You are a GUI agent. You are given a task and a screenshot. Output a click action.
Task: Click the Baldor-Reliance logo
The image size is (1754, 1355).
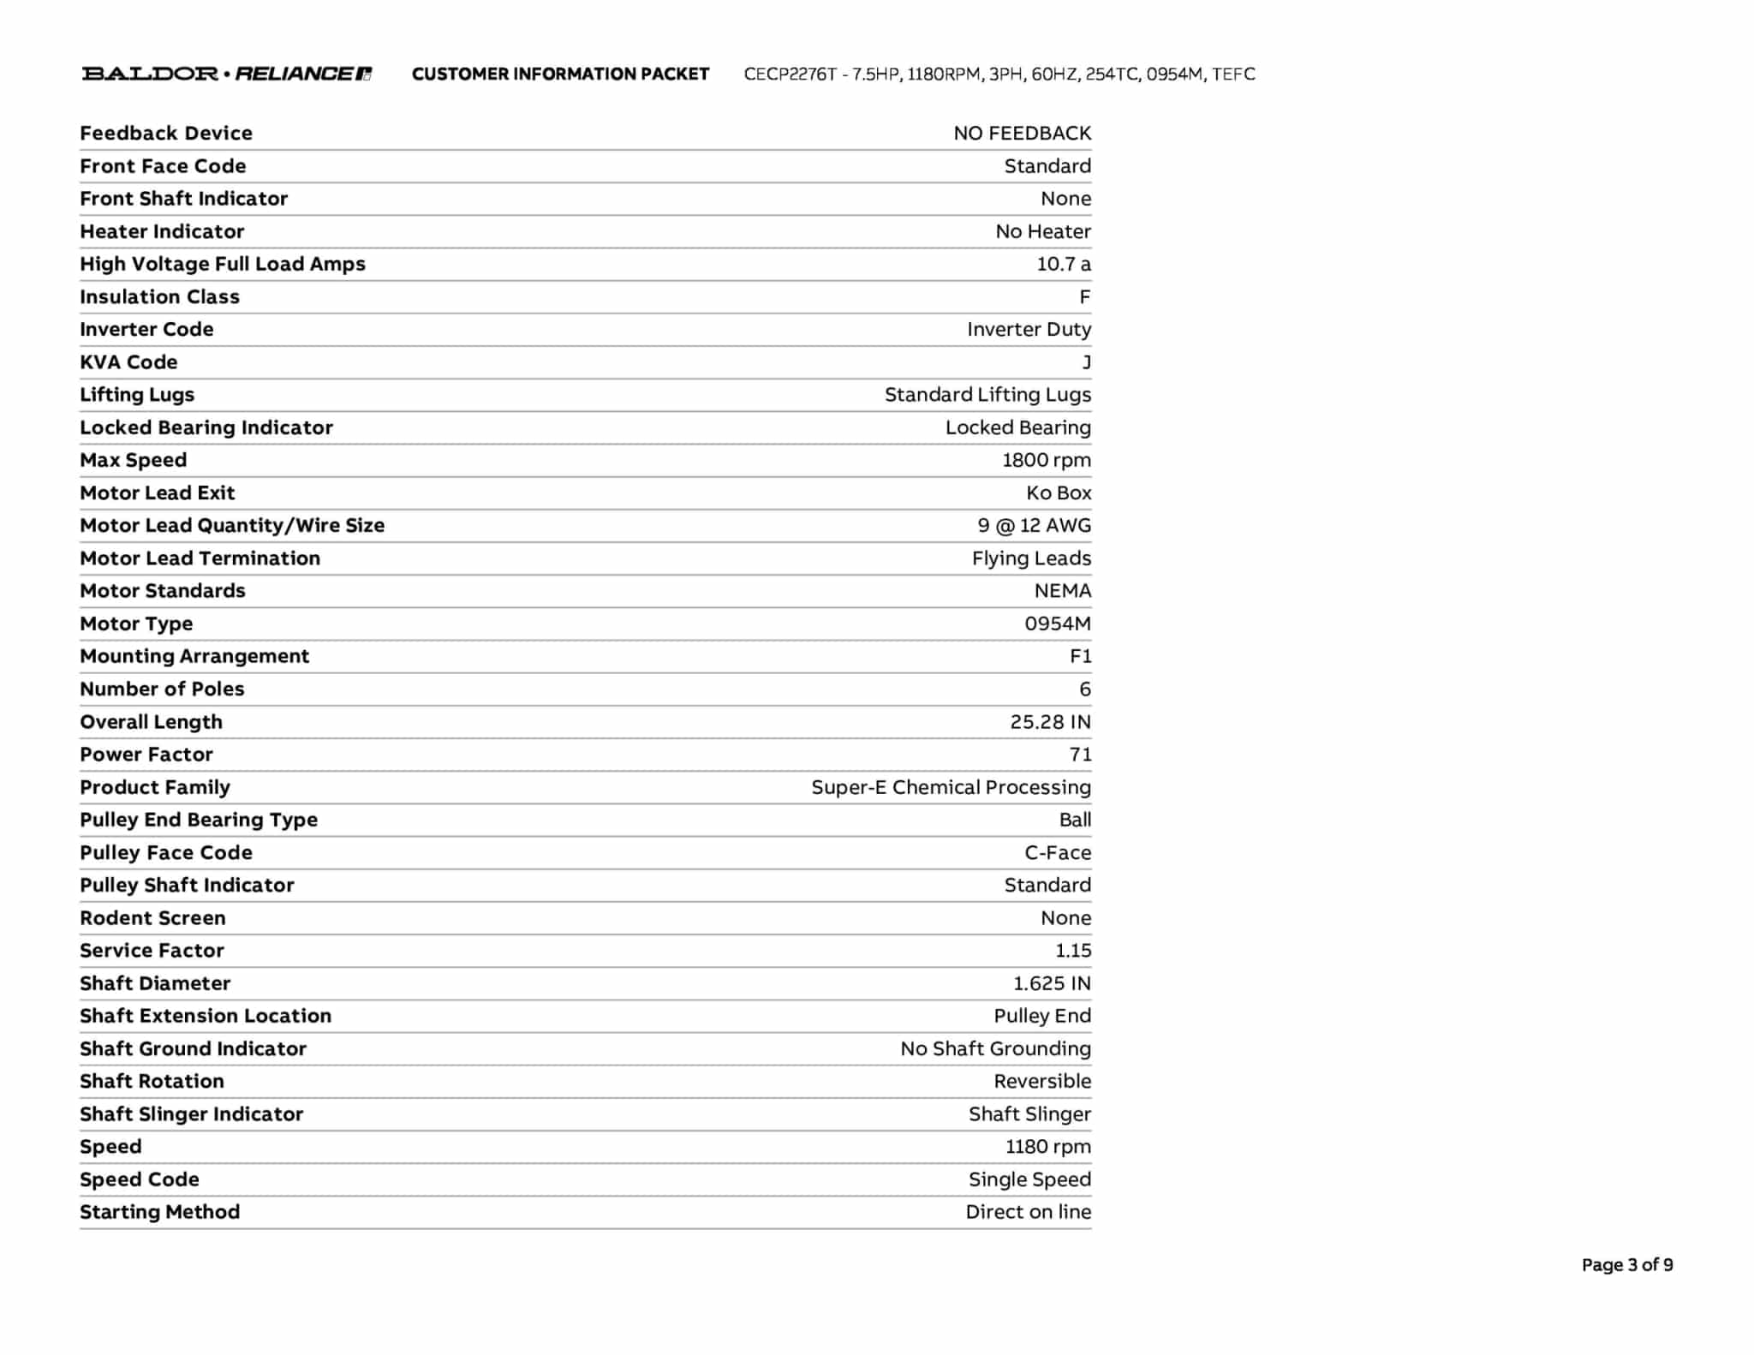[226, 74]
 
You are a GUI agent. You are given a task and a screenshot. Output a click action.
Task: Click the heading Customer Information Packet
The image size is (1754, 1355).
[560, 75]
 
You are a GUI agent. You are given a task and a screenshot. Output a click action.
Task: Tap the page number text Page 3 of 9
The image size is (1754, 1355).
[1626, 1265]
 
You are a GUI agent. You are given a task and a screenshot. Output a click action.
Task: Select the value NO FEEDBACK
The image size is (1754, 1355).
[1022, 134]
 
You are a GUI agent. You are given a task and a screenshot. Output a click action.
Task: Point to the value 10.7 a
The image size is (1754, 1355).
[1063, 264]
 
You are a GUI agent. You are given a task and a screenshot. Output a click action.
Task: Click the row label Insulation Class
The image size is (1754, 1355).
[159, 297]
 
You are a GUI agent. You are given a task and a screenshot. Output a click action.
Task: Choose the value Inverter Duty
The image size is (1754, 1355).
[1029, 330]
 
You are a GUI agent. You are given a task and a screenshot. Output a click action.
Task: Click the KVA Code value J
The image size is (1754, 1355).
[1086, 362]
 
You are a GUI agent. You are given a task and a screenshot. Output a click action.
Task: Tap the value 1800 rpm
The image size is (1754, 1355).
[1046, 461]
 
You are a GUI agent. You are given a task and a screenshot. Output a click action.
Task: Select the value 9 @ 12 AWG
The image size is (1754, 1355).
[1034, 526]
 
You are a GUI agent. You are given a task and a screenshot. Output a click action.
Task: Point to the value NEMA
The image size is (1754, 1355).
[1062, 591]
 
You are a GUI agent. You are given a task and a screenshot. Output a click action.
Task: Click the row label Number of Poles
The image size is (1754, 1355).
[162, 689]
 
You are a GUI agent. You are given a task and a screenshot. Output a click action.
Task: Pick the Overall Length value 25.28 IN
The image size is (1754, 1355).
[1050, 722]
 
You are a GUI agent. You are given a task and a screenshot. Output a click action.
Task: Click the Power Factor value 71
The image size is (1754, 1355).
[1080, 755]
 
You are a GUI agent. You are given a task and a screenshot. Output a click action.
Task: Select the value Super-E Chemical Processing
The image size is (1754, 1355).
[951, 788]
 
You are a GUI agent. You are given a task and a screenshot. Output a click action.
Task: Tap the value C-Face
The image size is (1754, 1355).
[1058, 853]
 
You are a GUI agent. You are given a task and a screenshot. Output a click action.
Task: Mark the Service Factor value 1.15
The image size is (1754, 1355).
[1073, 951]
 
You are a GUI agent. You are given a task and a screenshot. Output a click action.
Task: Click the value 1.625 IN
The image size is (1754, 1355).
[1052, 983]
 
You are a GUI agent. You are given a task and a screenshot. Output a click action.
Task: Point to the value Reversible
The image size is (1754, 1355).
[1041, 1082]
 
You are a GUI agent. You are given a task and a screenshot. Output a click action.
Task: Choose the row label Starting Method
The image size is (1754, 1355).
[159, 1213]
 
